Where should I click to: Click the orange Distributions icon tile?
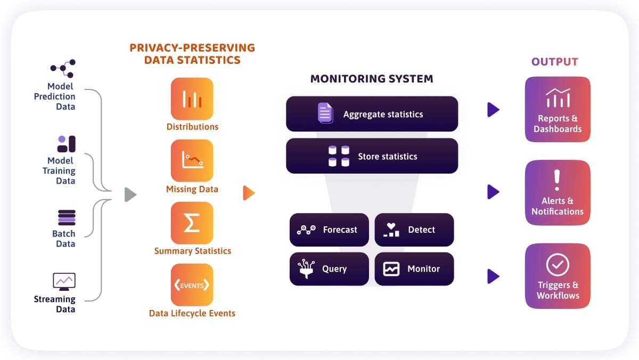pos(192,99)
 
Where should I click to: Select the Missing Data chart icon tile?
pos(192,161)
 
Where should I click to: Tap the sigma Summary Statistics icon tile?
pos(192,223)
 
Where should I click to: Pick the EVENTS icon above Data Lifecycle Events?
pos(192,285)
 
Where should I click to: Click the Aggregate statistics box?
pos(372,114)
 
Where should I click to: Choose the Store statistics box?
pos(372,156)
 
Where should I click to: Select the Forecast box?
pos(329,230)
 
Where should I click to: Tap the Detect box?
pos(414,230)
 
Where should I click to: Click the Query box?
pos(329,269)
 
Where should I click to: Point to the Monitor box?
pos(414,269)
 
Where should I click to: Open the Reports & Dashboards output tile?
pos(558,109)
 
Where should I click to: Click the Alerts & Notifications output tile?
pos(558,192)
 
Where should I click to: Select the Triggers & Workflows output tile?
pos(558,276)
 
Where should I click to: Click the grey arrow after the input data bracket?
pos(130,195)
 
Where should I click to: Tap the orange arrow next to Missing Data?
pos(249,193)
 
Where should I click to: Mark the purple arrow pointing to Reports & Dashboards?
pos(493,110)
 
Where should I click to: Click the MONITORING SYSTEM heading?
pos(372,79)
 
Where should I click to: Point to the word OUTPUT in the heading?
pos(554,62)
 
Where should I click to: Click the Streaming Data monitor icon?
pos(64,281)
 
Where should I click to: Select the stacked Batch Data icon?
pos(67,218)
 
